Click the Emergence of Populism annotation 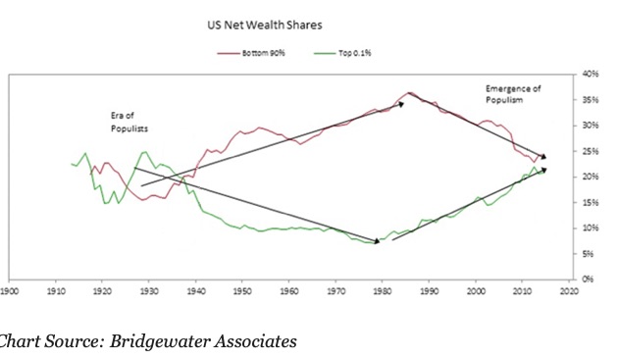tap(513, 94)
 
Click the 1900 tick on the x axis tap(11, 290)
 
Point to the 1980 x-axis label tap(382, 290)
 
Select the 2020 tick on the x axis tap(567, 290)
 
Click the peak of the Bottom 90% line tap(410, 92)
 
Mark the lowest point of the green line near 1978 tap(370, 242)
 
